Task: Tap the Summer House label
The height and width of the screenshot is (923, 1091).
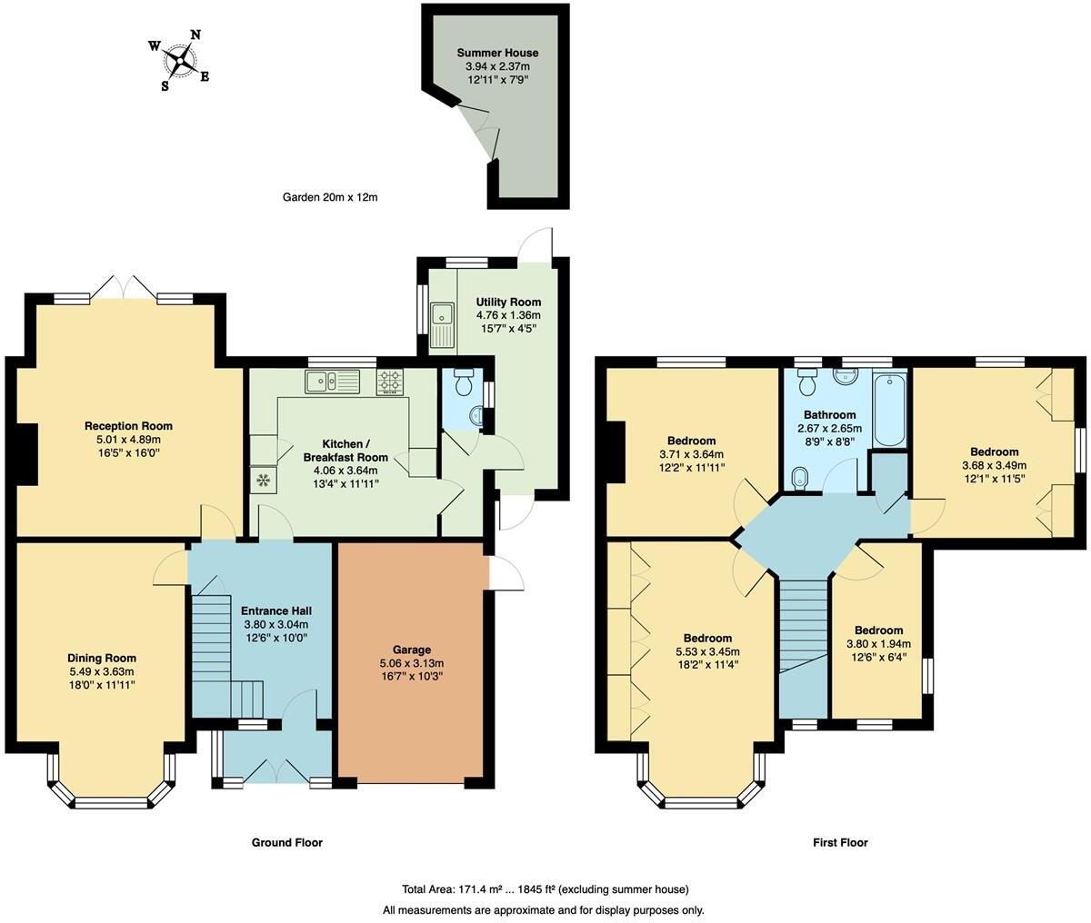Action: point(497,54)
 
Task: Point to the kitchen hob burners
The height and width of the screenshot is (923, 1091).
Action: point(390,382)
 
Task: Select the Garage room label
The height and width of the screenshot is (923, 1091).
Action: point(412,650)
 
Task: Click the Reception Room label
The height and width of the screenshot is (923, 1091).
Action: point(128,426)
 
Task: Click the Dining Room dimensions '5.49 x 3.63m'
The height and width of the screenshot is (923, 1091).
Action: point(102,671)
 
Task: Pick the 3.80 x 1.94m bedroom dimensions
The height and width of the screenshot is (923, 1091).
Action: point(878,644)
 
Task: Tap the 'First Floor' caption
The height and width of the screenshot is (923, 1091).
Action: point(840,842)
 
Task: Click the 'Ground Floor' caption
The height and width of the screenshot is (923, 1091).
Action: point(286,842)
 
